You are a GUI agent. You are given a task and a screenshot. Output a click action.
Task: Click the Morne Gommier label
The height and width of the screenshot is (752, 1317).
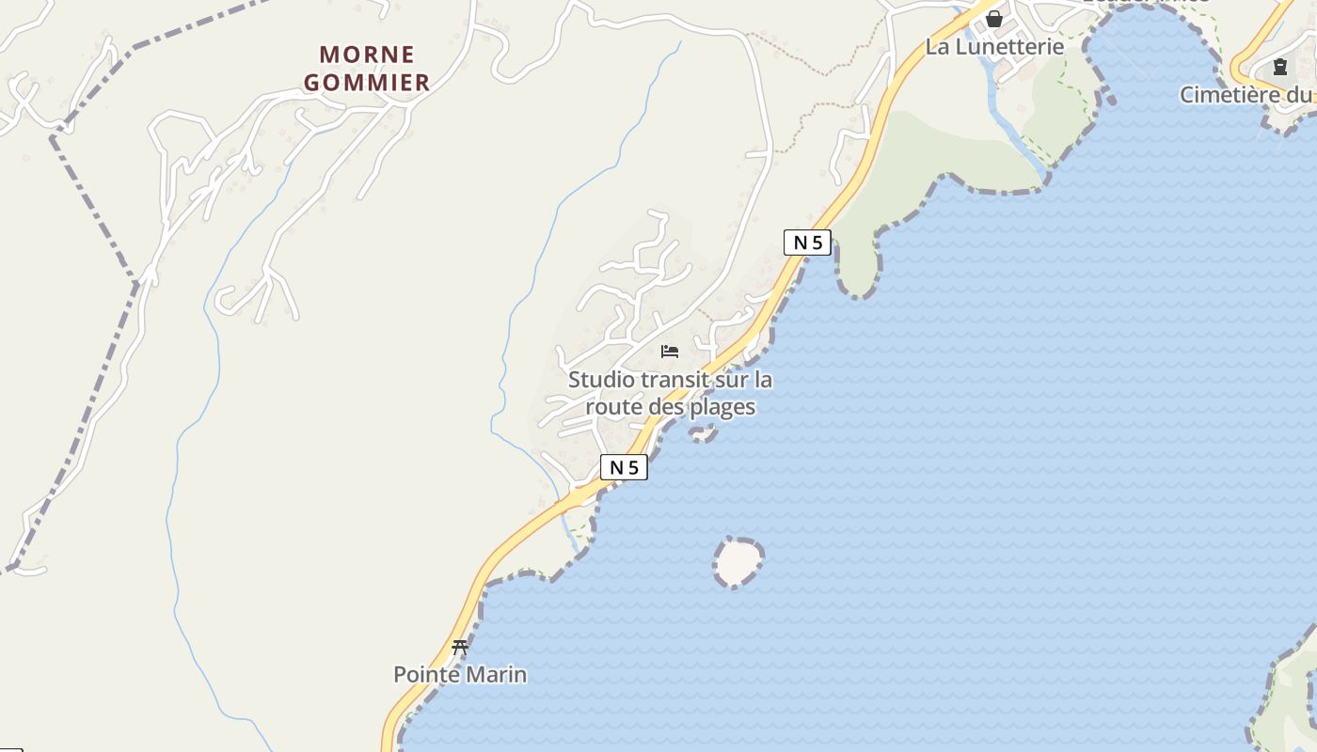[367, 69]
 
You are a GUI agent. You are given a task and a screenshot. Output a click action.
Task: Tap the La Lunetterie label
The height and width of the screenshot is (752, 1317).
[994, 46]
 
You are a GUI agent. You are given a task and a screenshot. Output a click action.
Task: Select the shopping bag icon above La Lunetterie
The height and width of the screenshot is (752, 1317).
[994, 19]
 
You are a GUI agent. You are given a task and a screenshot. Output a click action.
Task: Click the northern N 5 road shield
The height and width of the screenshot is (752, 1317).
[807, 243]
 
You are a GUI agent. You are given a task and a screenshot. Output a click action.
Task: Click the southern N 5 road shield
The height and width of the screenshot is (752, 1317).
[624, 467]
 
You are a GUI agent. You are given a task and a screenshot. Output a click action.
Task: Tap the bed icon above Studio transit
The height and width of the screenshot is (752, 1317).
[670, 352]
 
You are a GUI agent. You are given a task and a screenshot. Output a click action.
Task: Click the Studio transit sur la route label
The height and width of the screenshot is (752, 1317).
[670, 393]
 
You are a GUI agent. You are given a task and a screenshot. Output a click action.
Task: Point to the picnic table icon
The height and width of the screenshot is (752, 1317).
[460, 647]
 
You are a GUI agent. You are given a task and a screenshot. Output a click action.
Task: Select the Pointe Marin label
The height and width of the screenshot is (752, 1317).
[460, 674]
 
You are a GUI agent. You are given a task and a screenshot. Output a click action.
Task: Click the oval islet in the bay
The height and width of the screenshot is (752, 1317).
[738, 562]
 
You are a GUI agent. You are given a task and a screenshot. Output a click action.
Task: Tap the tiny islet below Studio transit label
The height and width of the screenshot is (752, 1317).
[702, 432]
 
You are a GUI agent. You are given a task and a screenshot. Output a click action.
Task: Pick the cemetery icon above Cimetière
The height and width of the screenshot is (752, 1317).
[1279, 67]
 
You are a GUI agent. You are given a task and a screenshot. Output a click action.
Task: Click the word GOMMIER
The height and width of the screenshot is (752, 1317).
[367, 83]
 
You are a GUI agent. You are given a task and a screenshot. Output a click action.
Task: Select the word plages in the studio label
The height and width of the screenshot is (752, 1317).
[722, 407]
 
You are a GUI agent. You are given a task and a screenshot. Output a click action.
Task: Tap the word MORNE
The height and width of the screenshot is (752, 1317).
[367, 55]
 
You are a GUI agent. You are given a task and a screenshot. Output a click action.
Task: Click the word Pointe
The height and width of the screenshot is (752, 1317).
[426, 674]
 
